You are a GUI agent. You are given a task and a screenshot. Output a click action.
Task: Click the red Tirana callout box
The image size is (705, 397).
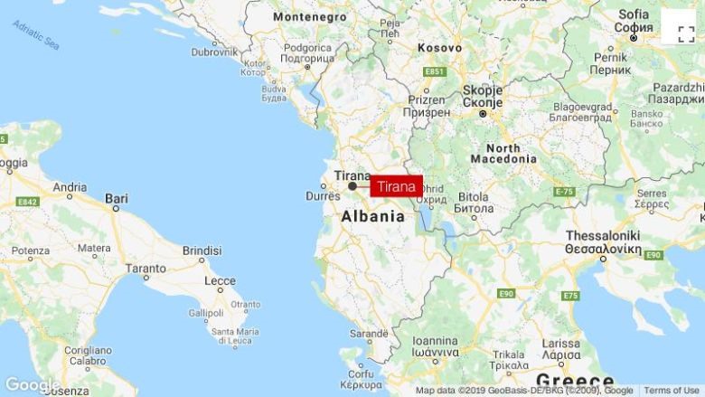click(x=396, y=186)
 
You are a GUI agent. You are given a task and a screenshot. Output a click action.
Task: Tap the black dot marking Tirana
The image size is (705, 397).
click(x=352, y=186)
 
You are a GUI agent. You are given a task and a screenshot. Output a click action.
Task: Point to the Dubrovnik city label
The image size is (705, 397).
click(x=214, y=52)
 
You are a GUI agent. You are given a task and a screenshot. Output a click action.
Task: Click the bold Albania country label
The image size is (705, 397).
click(x=372, y=217)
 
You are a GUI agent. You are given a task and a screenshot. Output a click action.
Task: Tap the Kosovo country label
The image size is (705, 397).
click(x=439, y=47)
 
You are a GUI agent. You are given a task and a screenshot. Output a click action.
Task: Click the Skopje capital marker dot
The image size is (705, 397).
click(x=484, y=113)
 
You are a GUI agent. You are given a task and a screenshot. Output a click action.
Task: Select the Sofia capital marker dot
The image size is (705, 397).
click(x=634, y=38)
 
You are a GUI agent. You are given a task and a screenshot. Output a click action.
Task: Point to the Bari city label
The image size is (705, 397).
click(x=117, y=197)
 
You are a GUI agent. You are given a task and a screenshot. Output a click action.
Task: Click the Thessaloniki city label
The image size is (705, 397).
click(x=603, y=235)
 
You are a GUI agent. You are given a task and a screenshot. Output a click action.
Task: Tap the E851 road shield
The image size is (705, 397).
click(x=435, y=71)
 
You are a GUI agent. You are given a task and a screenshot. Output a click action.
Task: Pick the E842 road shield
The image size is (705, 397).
click(x=27, y=202)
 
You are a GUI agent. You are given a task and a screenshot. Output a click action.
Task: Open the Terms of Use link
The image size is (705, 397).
click(x=671, y=391)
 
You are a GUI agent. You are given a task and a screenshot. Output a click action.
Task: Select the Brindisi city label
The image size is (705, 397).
click(x=202, y=250)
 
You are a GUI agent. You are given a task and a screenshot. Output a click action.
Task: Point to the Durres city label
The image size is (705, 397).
click(x=323, y=195)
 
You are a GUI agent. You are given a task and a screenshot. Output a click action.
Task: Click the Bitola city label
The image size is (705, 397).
click(x=474, y=195)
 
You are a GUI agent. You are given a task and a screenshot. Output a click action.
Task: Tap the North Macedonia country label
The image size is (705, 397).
click(x=503, y=154)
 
